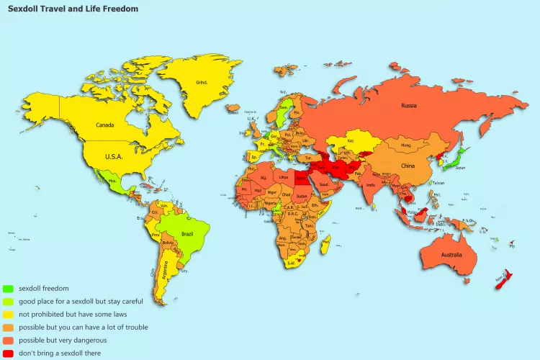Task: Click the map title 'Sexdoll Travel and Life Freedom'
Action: tap(73, 9)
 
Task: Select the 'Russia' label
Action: tap(409, 106)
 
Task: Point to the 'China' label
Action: tap(408, 166)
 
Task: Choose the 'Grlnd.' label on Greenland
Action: tap(201, 82)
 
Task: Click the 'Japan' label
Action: tap(461, 168)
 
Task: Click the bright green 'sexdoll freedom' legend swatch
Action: tap(8, 288)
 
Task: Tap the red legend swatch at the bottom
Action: tap(8, 353)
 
